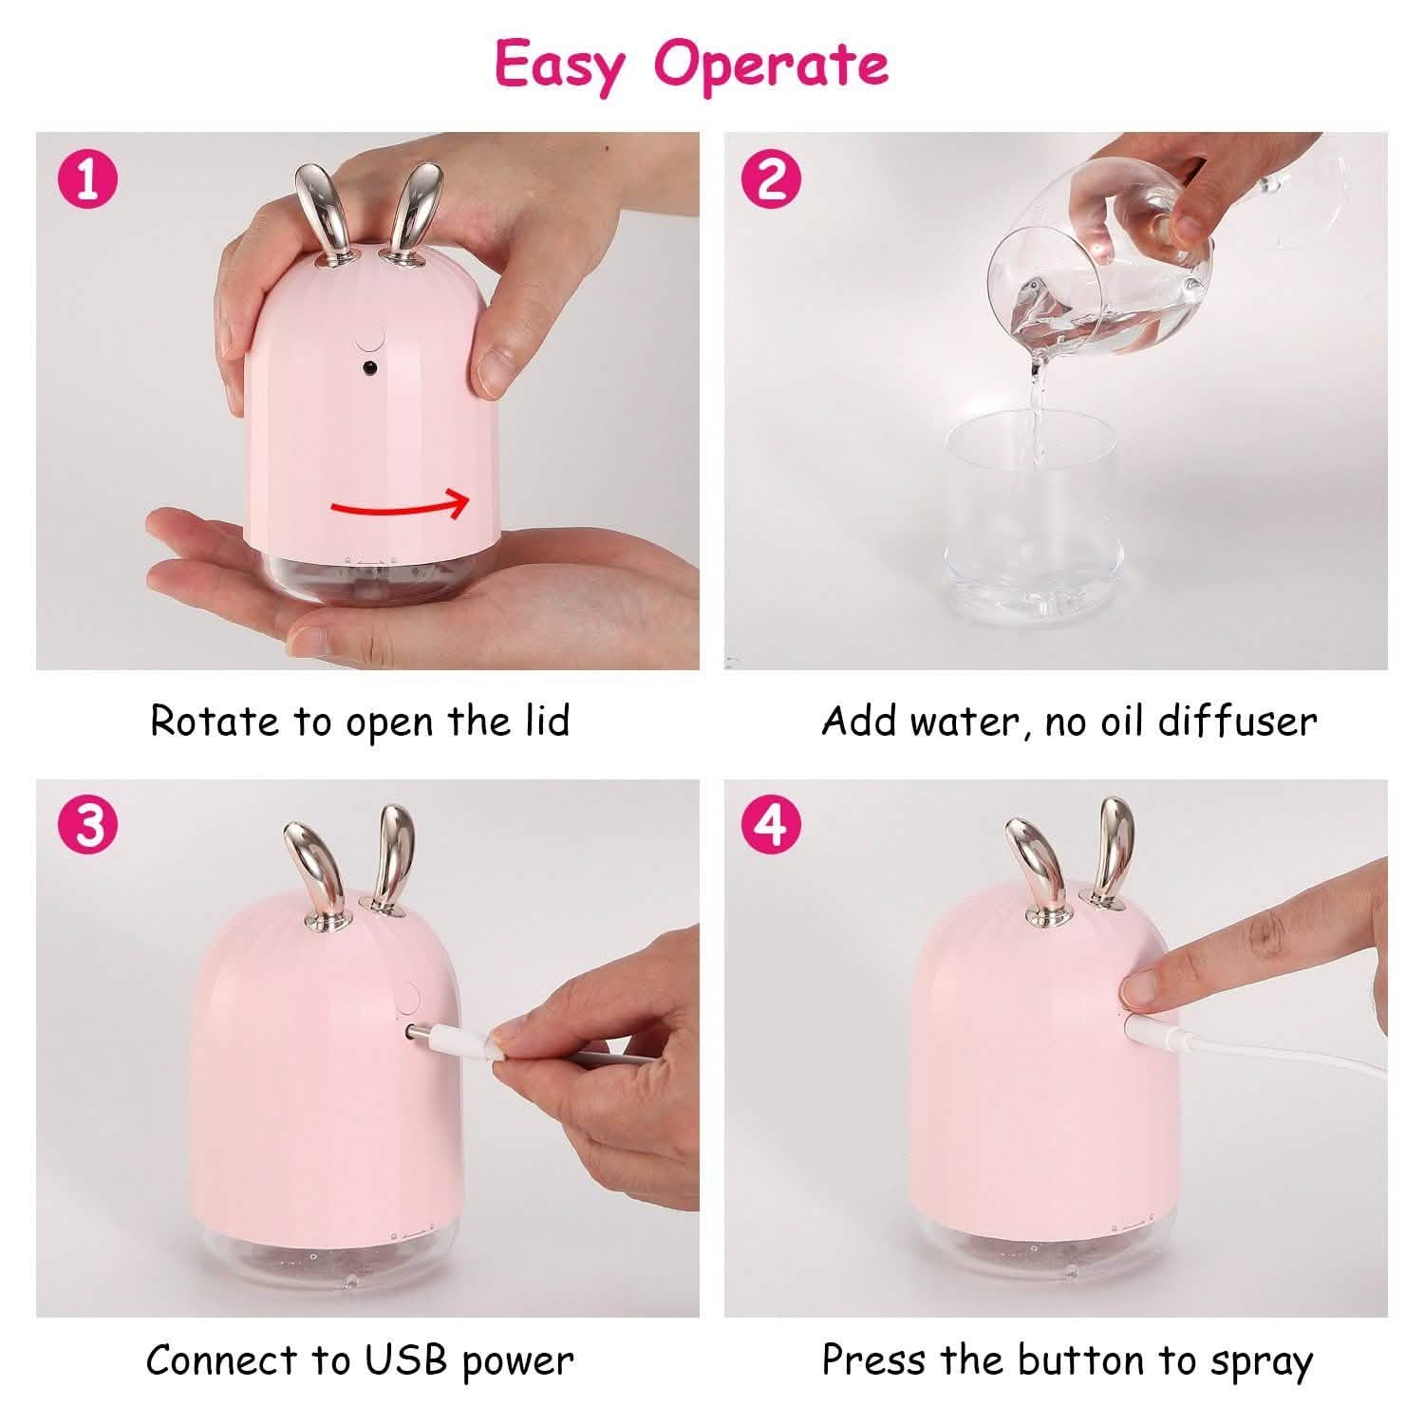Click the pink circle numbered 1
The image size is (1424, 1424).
point(87,178)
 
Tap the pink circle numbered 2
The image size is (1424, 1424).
point(774,178)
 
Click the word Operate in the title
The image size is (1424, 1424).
point(771,65)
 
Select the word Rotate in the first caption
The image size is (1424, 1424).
point(216,721)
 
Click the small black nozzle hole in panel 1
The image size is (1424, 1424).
point(367,366)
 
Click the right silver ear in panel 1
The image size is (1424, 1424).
point(414,209)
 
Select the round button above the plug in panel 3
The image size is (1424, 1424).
point(408,998)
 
